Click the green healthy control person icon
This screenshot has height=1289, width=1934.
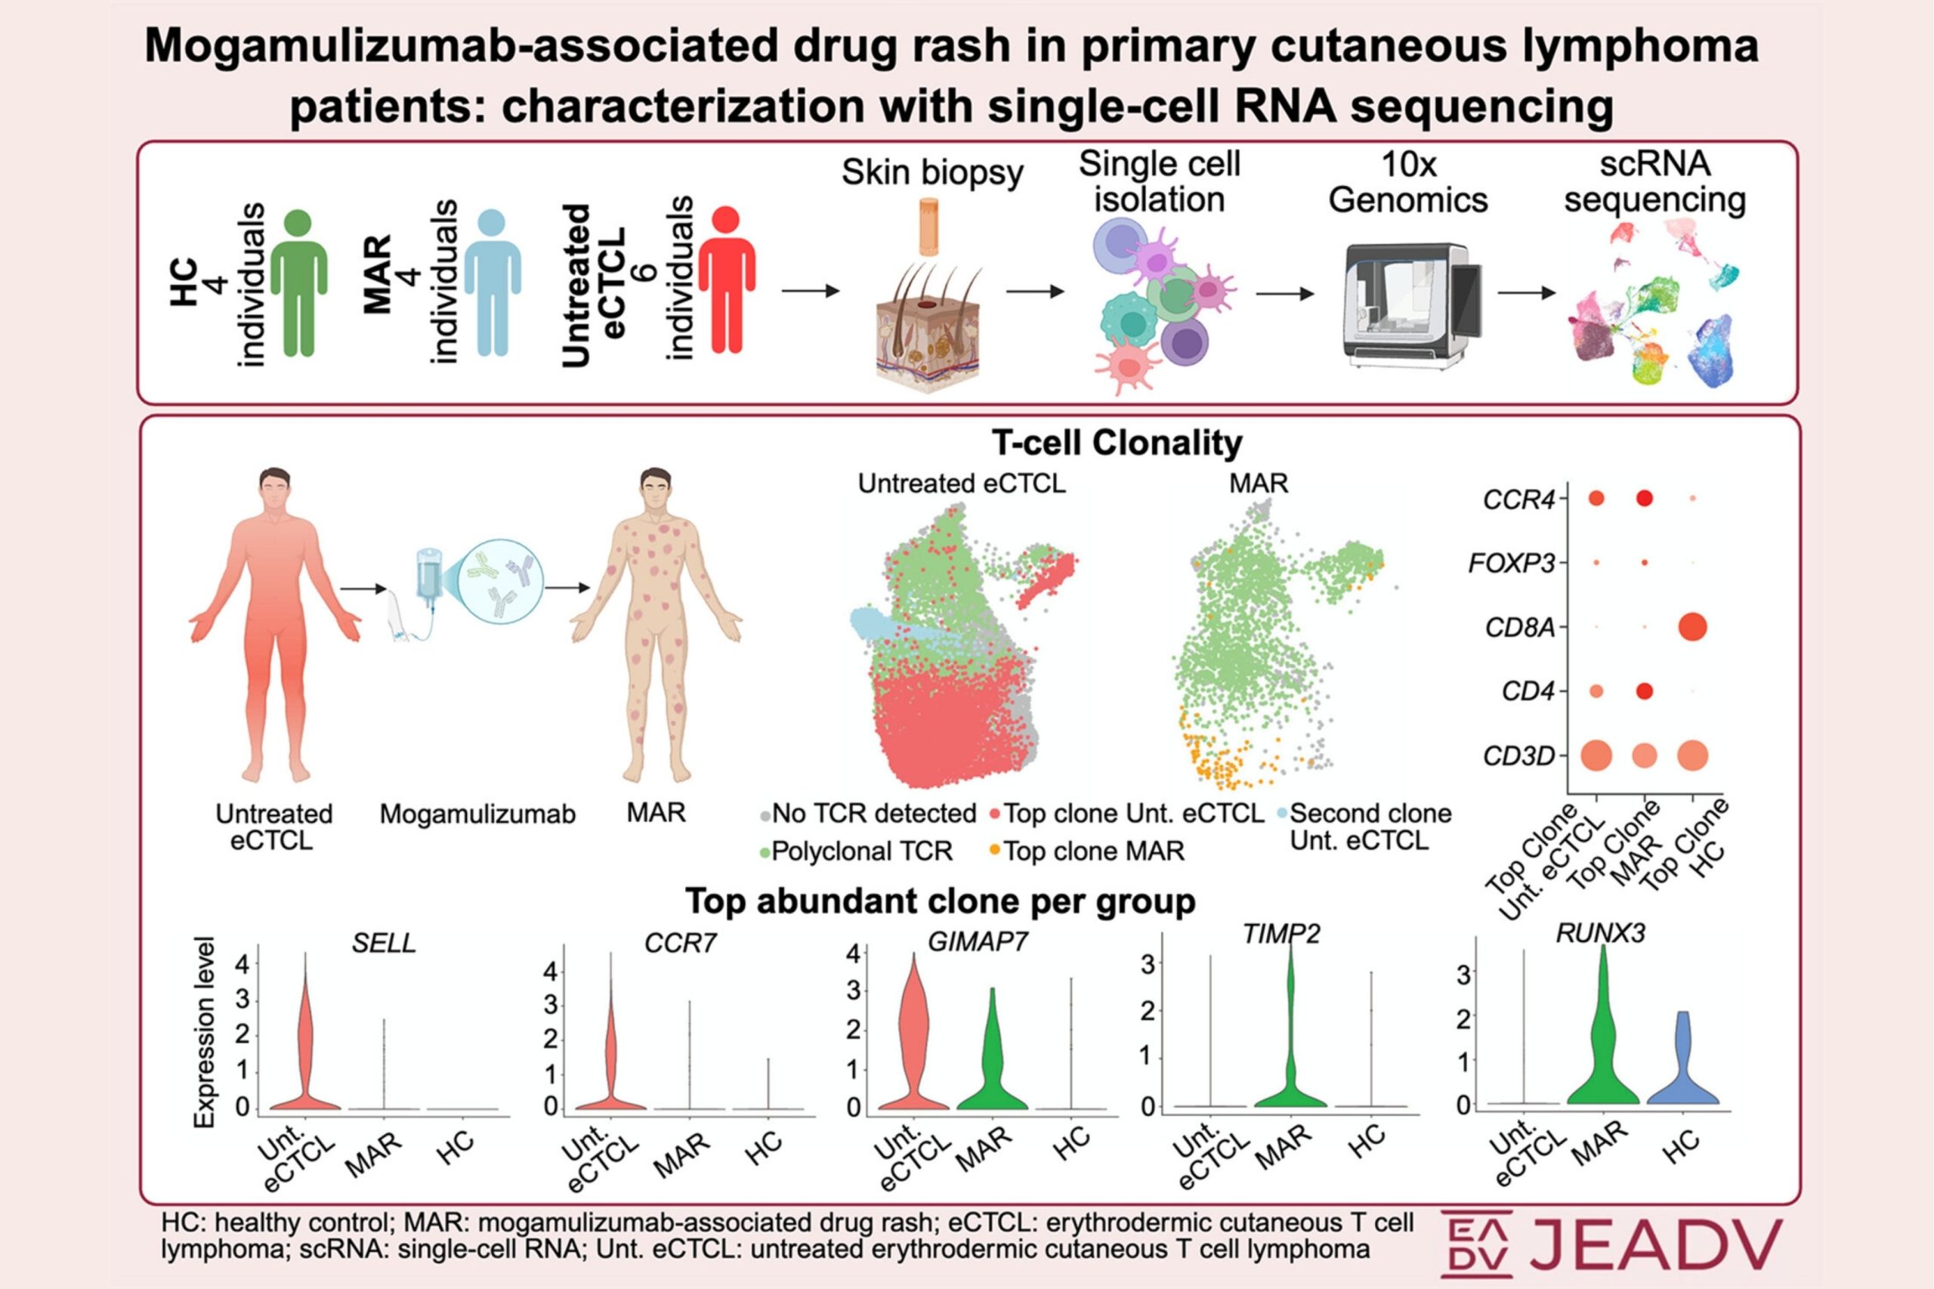(299, 282)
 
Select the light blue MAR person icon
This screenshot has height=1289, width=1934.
(493, 282)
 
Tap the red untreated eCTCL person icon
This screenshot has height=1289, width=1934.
(727, 280)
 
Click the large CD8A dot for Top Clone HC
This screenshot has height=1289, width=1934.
(1691, 627)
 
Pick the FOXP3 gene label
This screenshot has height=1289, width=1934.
(1512, 563)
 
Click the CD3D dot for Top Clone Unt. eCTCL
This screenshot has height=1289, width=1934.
(1596, 756)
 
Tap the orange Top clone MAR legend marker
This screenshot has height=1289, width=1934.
(994, 850)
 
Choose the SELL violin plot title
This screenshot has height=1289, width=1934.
(383, 943)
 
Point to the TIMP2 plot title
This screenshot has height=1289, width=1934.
(1281, 935)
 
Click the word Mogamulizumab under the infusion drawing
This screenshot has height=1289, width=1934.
(477, 815)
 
